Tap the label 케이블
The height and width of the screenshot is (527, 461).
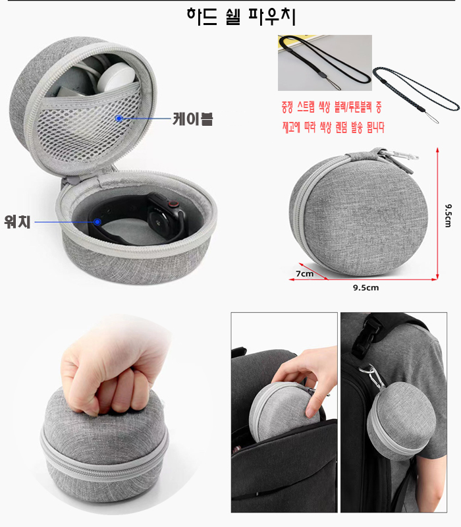click(x=192, y=119)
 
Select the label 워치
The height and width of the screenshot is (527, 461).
click(x=18, y=221)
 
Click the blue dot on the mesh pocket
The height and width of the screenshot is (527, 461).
click(x=119, y=119)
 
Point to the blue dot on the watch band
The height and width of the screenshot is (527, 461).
click(x=97, y=221)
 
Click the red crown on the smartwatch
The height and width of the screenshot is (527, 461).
click(x=173, y=204)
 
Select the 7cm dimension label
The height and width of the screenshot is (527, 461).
click(x=304, y=273)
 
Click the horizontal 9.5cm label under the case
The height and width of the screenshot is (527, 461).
click(x=366, y=288)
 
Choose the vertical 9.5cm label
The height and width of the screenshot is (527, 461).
click(x=448, y=215)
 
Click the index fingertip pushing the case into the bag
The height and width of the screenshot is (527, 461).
click(x=310, y=410)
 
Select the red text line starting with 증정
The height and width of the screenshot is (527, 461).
click(x=332, y=107)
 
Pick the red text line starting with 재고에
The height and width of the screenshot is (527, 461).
click(x=333, y=127)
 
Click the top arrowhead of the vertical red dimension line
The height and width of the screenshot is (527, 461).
click(x=437, y=150)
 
